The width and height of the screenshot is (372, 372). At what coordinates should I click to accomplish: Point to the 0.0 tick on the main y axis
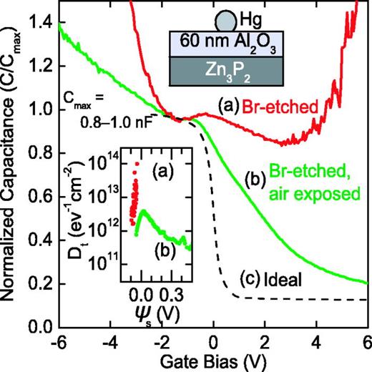click(38, 328)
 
